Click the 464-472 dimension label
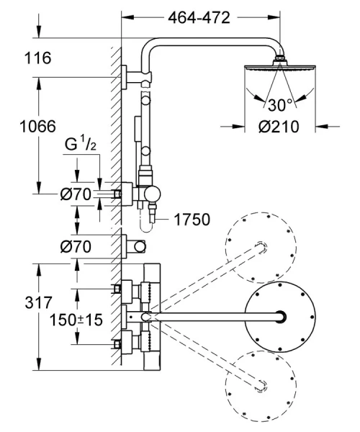point(199,17)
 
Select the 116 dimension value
point(37,58)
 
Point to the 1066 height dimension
point(37,126)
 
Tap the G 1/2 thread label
point(81,145)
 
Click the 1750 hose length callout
point(192,220)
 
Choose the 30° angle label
point(279,105)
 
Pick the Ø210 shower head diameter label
point(279,127)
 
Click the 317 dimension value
point(38,302)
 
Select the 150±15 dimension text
point(76,320)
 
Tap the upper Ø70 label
point(76,194)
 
